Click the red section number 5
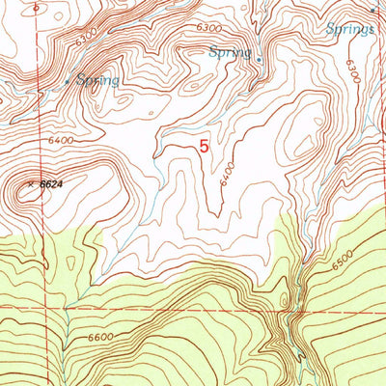[x=203, y=148]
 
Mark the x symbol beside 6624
[x=31, y=181]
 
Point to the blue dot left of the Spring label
[x=67, y=82]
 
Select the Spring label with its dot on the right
[x=230, y=51]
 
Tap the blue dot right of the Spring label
[x=259, y=58]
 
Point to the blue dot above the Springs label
[x=372, y=11]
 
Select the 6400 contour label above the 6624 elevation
[x=60, y=141]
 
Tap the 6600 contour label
[x=100, y=337]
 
